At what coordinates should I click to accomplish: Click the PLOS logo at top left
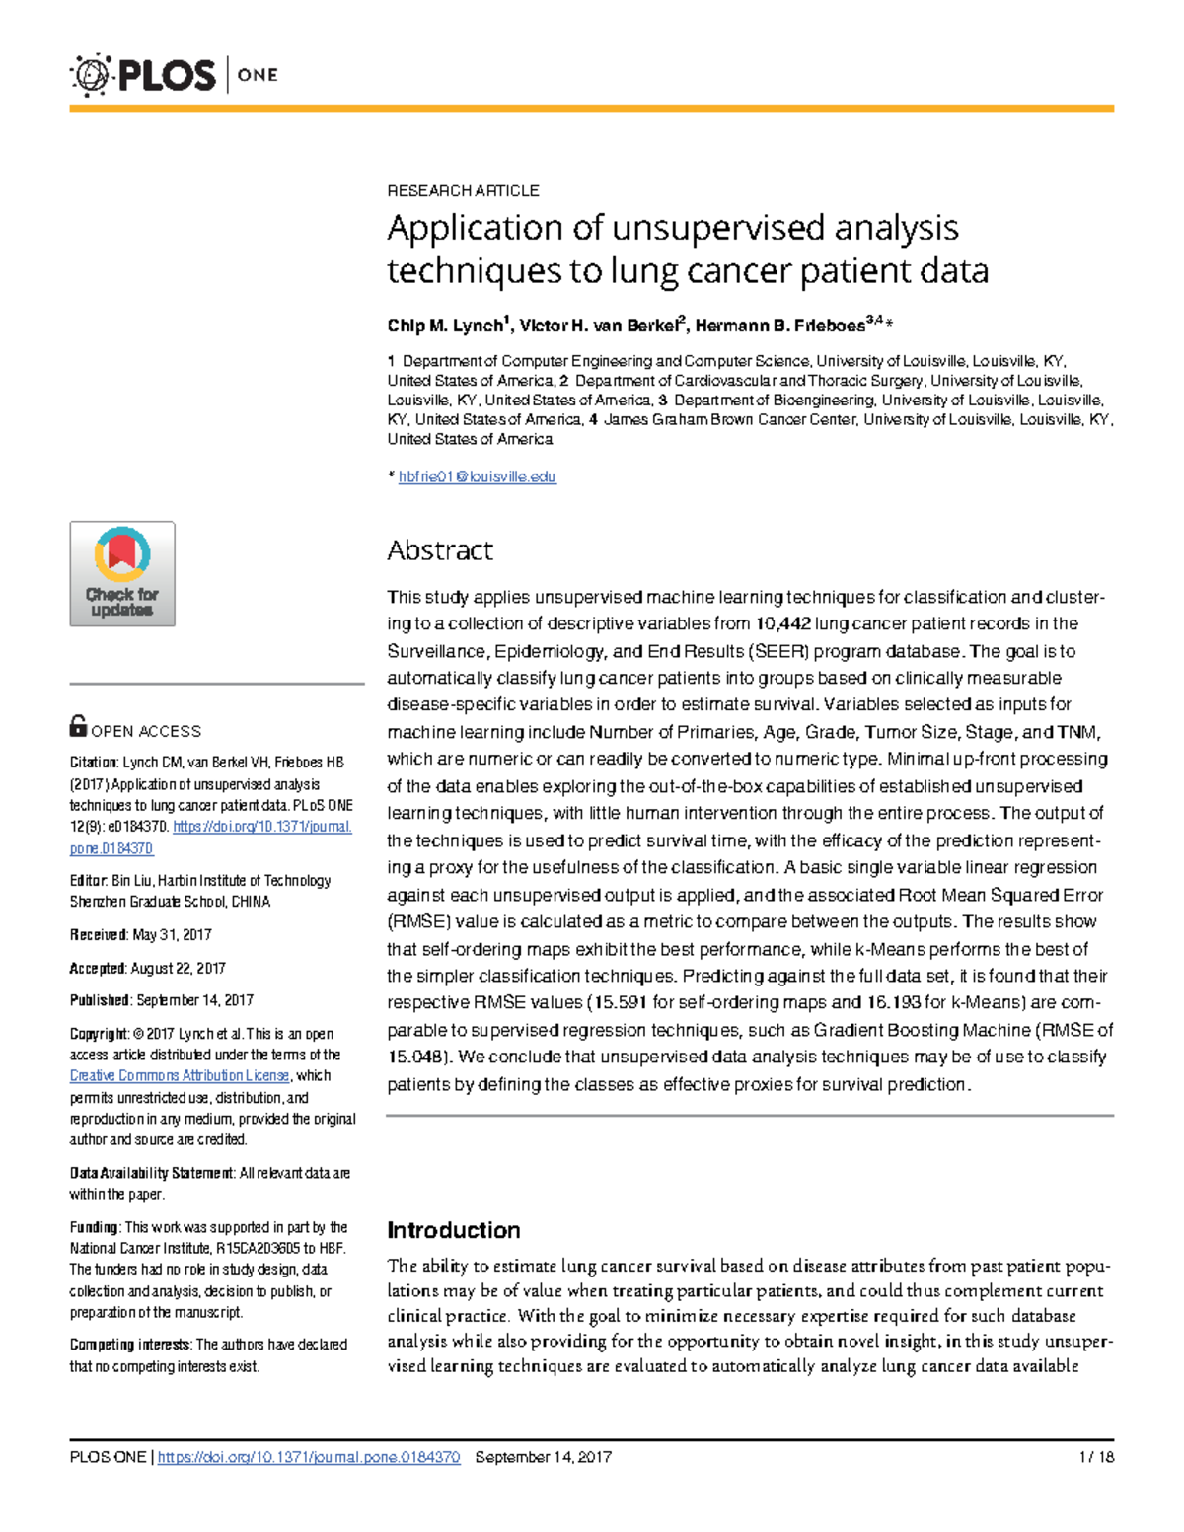pyautogui.click(x=143, y=75)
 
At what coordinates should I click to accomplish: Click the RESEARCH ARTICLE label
pyautogui.click(x=463, y=190)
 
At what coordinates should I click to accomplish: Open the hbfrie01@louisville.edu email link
pyautogui.click(x=477, y=476)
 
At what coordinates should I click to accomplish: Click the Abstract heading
pyautogui.click(x=440, y=550)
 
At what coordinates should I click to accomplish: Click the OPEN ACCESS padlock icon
pyautogui.click(x=78, y=727)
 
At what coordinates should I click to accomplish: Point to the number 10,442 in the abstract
pyautogui.click(x=782, y=623)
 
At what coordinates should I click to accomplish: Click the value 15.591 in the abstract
pyautogui.click(x=618, y=1003)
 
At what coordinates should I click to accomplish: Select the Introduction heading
pyautogui.click(x=454, y=1230)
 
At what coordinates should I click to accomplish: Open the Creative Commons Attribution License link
pyautogui.click(x=180, y=1076)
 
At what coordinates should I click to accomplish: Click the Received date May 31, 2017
pyautogui.click(x=172, y=935)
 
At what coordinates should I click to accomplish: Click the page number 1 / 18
pyautogui.click(x=1096, y=1457)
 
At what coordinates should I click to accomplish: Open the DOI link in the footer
pyautogui.click(x=309, y=1457)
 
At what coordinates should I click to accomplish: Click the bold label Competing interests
pyautogui.click(x=130, y=1345)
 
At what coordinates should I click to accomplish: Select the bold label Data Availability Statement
pyautogui.click(x=152, y=1174)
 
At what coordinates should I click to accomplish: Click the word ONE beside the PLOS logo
pyautogui.click(x=258, y=75)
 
